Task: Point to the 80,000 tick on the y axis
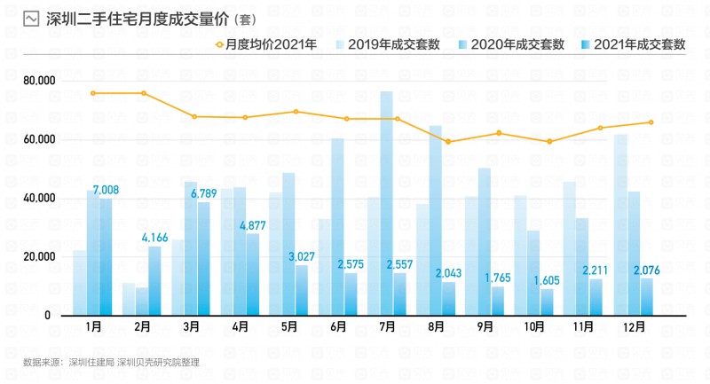click(x=39, y=81)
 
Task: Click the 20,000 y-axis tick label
click(x=39, y=256)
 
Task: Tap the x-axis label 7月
click(x=387, y=325)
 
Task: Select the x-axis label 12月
click(x=634, y=325)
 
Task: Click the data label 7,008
click(x=105, y=190)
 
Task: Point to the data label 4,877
click(x=253, y=224)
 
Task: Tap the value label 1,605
click(x=548, y=280)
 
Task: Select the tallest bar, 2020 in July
click(x=387, y=204)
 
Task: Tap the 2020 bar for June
click(x=337, y=227)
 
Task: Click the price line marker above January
click(x=92, y=93)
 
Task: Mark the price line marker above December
click(x=651, y=122)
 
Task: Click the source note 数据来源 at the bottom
click(x=111, y=362)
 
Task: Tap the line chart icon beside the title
click(x=31, y=18)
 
